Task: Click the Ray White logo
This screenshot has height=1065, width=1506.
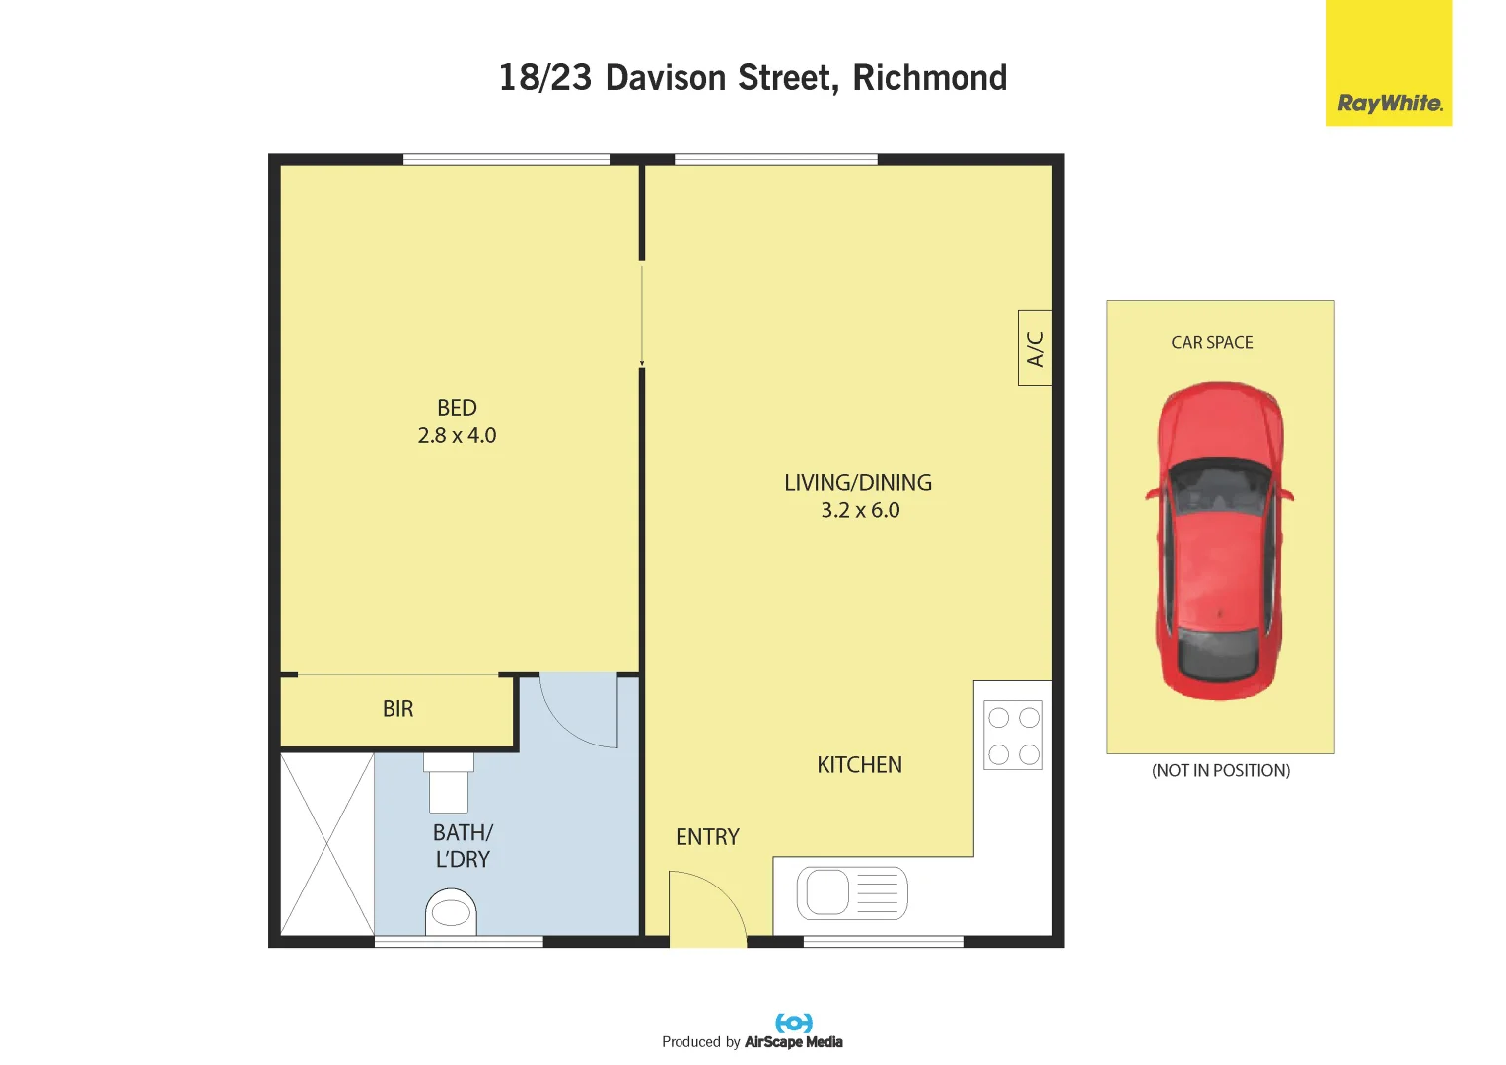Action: coord(1389,103)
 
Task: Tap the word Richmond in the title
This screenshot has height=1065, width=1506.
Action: coord(929,78)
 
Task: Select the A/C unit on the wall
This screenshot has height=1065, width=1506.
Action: coord(1035,347)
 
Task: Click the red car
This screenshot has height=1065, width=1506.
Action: coord(1220,540)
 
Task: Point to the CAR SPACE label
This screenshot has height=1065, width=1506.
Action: coord(1212,343)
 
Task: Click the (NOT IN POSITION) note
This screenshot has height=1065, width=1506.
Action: coord(1221,771)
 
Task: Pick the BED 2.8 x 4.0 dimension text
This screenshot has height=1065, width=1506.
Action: coord(457,435)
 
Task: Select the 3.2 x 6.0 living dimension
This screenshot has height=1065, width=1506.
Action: coord(860,510)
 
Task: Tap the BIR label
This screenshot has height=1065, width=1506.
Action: coord(398,709)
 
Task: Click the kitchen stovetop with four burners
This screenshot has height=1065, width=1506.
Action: coord(1013,736)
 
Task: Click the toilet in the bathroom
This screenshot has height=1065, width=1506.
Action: coord(451,912)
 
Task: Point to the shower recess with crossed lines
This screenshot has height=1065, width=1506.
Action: coord(327,843)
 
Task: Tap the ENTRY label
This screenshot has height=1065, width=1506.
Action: coord(707,837)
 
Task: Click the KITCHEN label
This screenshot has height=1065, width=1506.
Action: coord(859,765)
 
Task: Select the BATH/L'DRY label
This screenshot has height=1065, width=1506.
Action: coord(463,846)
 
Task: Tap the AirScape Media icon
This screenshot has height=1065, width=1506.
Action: coord(794,1023)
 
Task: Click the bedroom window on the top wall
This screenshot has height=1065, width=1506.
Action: coord(506,159)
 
